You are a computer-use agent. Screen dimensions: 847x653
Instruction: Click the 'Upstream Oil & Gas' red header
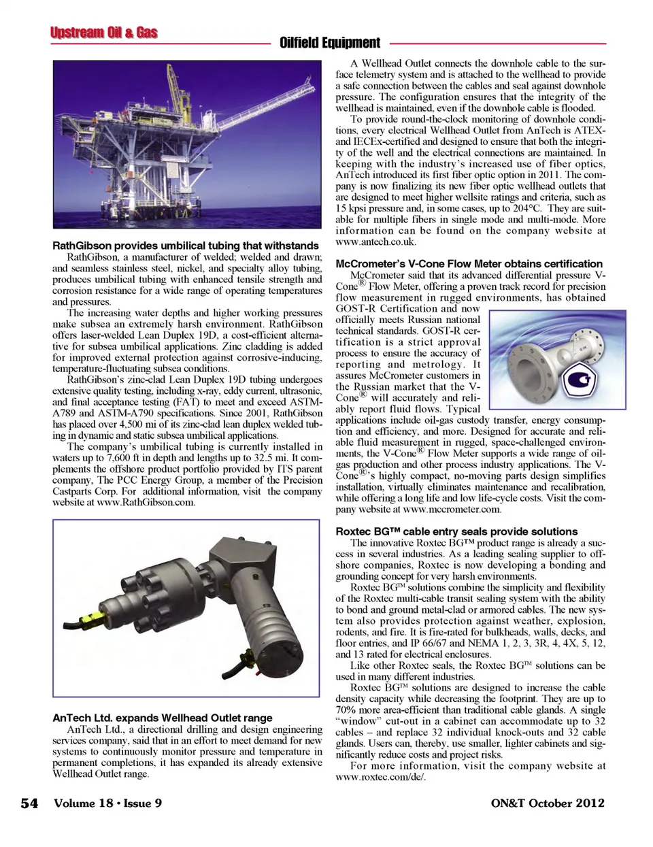tap(103, 33)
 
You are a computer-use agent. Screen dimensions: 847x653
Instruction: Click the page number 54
tap(29, 803)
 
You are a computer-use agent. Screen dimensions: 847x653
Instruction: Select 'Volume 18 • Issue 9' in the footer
tap(108, 803)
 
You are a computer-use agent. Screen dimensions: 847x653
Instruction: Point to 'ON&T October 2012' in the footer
tap(547, 803)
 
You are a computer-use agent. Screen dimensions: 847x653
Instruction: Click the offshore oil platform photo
tap(187, 144)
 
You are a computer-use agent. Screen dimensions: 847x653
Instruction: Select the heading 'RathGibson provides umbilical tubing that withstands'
tap(186, 246)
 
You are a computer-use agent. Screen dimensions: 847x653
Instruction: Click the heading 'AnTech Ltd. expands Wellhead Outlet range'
tap(163, 718)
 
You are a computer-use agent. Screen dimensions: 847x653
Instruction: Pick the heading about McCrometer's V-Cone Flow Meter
tap(469, 264)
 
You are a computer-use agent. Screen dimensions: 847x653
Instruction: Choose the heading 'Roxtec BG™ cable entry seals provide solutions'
tap(456, 531)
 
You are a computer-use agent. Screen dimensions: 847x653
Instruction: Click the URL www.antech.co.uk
tap(375, 242)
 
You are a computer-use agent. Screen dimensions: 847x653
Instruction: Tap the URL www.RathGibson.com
tap(146, 503)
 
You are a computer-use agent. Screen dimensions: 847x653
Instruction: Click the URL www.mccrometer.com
tap(452, 509)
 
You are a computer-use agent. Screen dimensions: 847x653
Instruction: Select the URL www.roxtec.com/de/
tap(380, 777)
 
